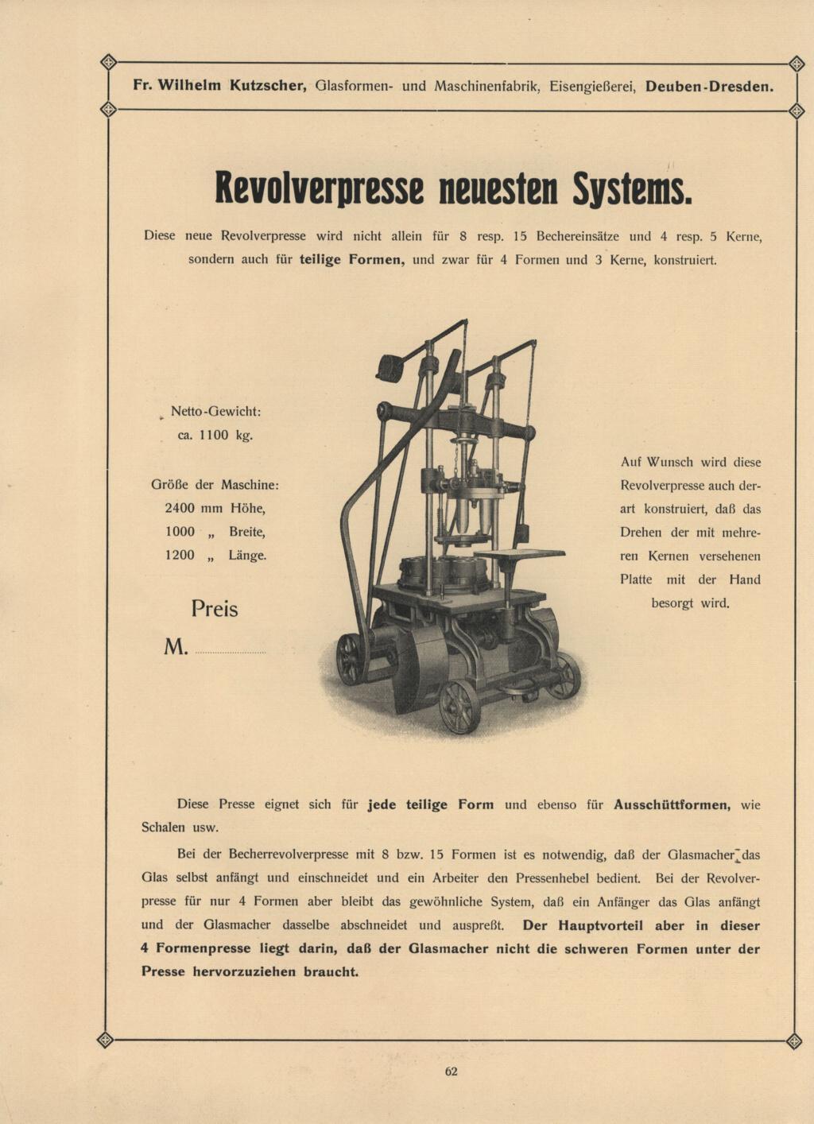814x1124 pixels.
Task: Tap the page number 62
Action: (452, 1071)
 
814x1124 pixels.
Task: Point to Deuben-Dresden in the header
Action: (709, 86)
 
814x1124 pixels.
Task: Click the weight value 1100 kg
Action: (226, 435)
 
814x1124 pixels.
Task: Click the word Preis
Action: (215, 609)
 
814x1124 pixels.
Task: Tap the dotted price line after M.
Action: (230, 652)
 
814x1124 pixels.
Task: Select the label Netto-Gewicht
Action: (215, 412)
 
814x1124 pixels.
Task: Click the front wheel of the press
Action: (459, 705)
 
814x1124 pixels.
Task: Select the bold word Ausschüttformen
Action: (672, 804)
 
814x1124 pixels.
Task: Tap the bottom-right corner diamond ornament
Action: (793, 1041)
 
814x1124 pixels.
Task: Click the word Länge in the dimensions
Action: (247, 555)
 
